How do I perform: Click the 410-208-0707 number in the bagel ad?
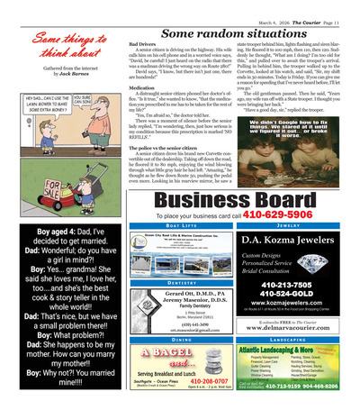pos(183,381)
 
